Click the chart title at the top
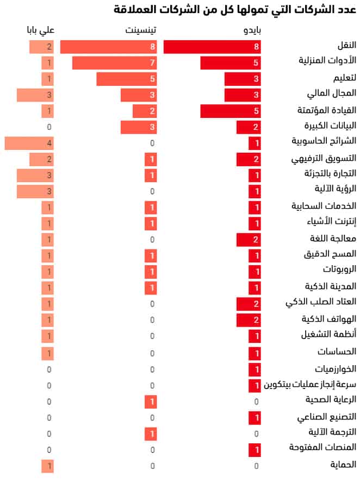[x=235, y=9]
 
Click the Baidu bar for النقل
[x=212, y=47]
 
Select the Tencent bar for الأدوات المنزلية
[x=114, y=63]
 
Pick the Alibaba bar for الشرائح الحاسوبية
[x=29, y=143]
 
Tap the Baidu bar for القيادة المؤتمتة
[x=231, y=111]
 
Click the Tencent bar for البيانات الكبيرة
[x=139, y=128]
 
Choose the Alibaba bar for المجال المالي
[x=35, y=96]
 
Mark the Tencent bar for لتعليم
[x=127, y=79]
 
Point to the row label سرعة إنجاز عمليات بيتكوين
[x=310, y=385]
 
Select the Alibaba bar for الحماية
[x=47, y=466]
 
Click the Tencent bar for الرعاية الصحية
[x=151, y=402]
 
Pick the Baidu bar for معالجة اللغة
[x=249, y=240]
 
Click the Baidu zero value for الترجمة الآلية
[x=256, y=434]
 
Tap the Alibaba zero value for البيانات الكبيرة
[x=49, y=128]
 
